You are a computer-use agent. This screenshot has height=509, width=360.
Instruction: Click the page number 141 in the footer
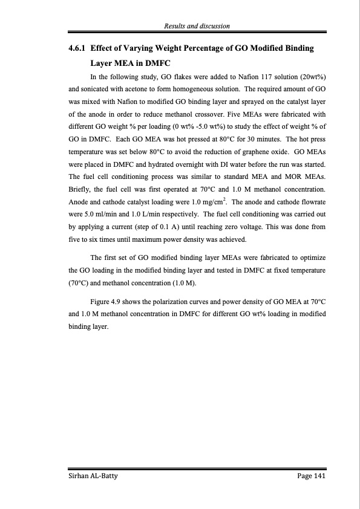pyautogui.click(x=319, y=477)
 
